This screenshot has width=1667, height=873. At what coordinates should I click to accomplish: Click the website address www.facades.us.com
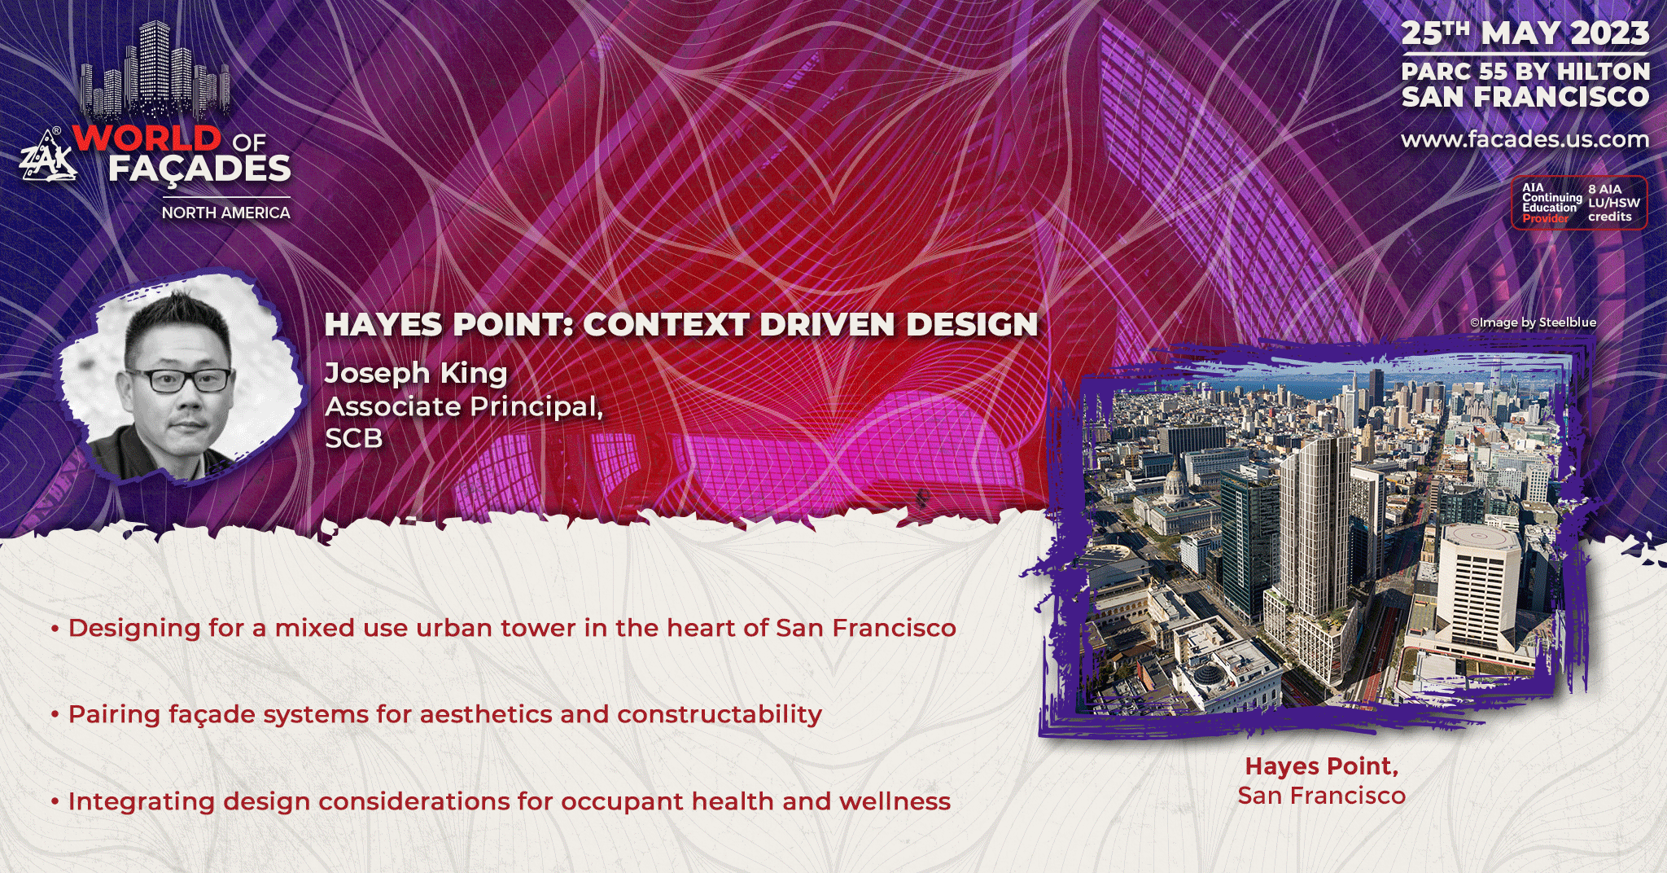pos(1525,139)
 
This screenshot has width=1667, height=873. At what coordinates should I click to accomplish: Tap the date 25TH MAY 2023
pos(1525,33)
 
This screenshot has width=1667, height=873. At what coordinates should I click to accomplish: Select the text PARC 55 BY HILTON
pos(1525,72)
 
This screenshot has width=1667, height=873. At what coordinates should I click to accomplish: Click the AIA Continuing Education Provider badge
pos(1579,203)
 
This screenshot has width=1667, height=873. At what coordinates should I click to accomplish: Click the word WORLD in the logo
pos(147,138)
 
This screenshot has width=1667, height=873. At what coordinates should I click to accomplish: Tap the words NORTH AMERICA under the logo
pos(225,213)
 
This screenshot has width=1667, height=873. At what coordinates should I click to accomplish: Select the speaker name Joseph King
pos(416,373)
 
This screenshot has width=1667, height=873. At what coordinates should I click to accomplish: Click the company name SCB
pos(354,438)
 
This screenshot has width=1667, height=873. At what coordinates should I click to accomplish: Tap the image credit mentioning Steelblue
pos(1533,322)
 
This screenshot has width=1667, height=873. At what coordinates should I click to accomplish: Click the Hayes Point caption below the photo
pos(1322,780)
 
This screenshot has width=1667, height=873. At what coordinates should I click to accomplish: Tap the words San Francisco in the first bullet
pos(866,628)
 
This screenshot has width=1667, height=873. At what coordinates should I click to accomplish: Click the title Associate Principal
pos(464,406)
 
